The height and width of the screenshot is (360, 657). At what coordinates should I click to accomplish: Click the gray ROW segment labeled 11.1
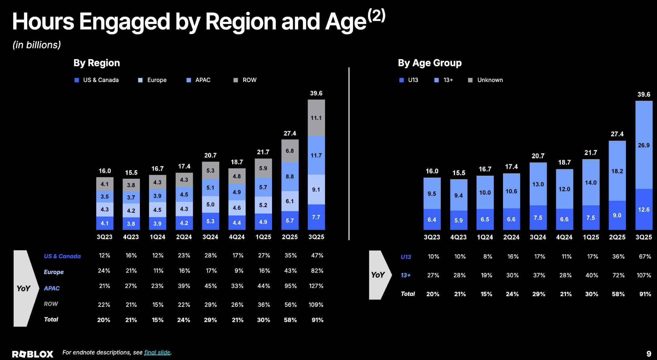tap(316, 118)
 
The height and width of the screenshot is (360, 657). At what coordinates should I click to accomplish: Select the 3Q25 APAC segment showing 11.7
tap(316, 155)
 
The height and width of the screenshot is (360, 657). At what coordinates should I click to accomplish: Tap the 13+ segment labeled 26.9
tap(644, 145)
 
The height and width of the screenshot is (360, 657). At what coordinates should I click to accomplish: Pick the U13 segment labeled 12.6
tap(644, 210)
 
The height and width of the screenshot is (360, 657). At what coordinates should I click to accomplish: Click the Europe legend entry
tap(153, 80)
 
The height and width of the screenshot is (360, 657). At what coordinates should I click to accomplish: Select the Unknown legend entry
tap(486, 80)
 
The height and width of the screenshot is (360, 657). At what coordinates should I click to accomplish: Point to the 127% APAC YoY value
tap(316, 286)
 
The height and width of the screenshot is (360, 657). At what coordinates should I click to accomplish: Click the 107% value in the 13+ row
tap(644, 275)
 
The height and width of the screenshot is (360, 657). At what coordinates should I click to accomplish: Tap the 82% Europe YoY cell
tap(317, 271)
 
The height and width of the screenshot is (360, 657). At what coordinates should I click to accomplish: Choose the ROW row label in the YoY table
tap(51, 304)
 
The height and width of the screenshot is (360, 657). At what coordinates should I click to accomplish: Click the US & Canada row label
tap(62, 256)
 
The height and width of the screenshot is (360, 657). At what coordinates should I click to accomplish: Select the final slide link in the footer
tap(157, 353)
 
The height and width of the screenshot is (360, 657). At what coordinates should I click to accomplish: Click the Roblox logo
tap(33, 354)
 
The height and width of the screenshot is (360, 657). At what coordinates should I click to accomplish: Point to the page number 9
tap(649, 354)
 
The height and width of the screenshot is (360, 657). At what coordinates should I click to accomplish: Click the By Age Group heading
tap(430, 63)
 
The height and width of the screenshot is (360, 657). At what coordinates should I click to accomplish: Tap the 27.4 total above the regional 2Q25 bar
tap(290, 133)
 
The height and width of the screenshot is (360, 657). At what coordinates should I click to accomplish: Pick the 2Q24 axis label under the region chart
tap(184, 237)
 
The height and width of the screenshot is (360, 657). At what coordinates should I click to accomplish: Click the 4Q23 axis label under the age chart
tap(458, 238)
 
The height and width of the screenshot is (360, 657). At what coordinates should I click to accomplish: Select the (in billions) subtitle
tap(37, 45)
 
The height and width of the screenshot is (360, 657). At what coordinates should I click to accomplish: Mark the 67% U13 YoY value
tap(644, 257)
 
